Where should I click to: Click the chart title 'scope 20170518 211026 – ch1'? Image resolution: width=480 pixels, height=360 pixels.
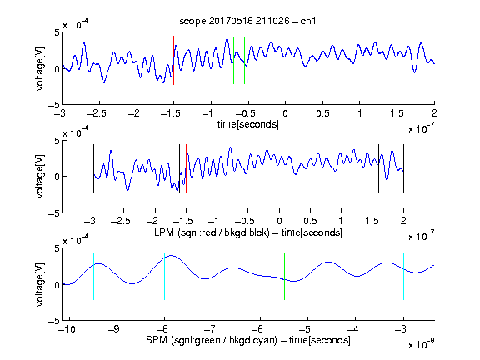click(247, 21)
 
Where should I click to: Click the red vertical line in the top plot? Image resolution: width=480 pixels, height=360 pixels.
click(173, 60)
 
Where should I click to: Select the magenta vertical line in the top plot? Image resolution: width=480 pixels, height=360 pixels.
click(397, 60)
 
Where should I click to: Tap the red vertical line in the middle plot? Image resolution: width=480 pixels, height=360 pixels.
click(186, 168)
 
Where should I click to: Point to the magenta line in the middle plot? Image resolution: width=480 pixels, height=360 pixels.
click(372, 168)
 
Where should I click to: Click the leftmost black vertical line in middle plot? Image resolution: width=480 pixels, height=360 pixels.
click(93, 168)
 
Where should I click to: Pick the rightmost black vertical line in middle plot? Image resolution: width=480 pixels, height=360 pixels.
click(403, 168)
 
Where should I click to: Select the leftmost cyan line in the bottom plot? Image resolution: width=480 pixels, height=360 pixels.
click(93, 276)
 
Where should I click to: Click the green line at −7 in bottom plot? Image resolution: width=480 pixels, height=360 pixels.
click(212, 276)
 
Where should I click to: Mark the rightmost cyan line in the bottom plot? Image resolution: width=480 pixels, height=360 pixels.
click(403, 276)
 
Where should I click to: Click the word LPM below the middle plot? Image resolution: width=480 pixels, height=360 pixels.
click(164, 232)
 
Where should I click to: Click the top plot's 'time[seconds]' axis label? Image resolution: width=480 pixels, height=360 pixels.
click(248, 124)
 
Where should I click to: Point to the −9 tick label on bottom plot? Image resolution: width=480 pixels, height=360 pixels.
click(114, 329)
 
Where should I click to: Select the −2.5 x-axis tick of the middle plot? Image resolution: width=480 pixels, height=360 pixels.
click(121, 221)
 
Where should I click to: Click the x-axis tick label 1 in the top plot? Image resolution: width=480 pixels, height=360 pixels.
click(360, 113)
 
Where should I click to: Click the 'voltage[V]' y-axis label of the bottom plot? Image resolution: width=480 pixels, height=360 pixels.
click(40, 284)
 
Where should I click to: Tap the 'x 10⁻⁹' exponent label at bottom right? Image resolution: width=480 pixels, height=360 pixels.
click(421, 344)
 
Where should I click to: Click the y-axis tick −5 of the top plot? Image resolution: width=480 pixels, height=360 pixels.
click(54, 105)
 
